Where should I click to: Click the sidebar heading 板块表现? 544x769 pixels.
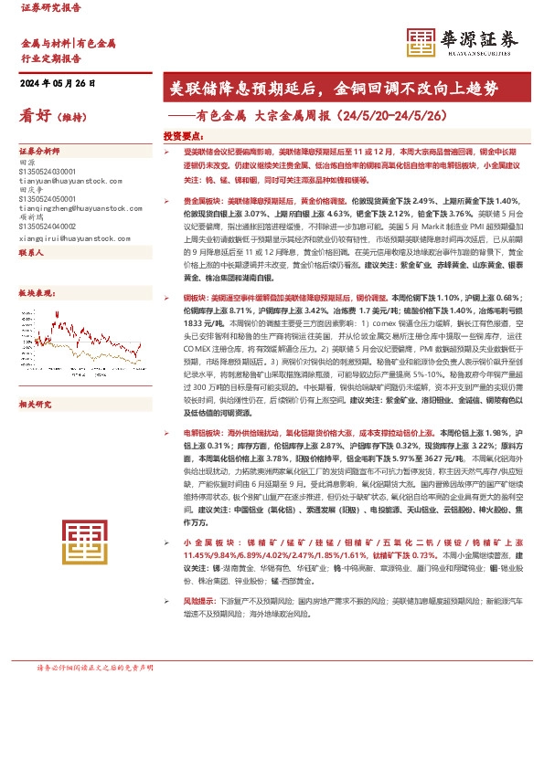pyautogui.click(x=35, y=293)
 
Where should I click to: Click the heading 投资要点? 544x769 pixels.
pyautogui.click(x=183, y=135)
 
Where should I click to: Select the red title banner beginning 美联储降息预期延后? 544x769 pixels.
pyautogui.click(x=346, y=89)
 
